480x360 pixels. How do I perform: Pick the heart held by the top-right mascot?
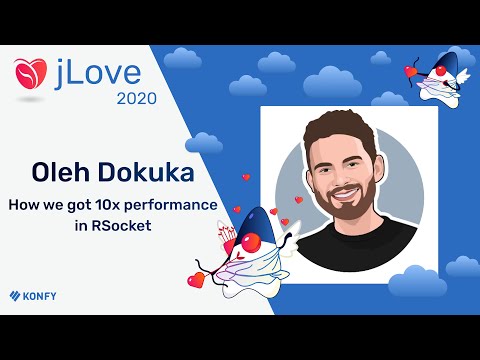coord(411,72)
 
